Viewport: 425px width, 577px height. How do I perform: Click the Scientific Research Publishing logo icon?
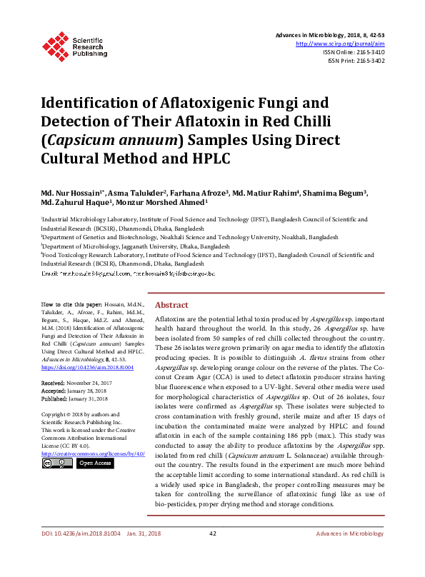pos(54,44)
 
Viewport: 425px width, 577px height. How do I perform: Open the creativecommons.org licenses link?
pos(94,453)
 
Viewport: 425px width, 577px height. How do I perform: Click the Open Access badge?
pos(95,463)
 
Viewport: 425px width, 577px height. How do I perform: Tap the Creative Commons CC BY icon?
pos(56,463)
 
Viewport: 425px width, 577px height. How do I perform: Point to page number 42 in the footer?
pos(212,553)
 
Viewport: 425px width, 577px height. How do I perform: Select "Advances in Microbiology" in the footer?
pos(350,553)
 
